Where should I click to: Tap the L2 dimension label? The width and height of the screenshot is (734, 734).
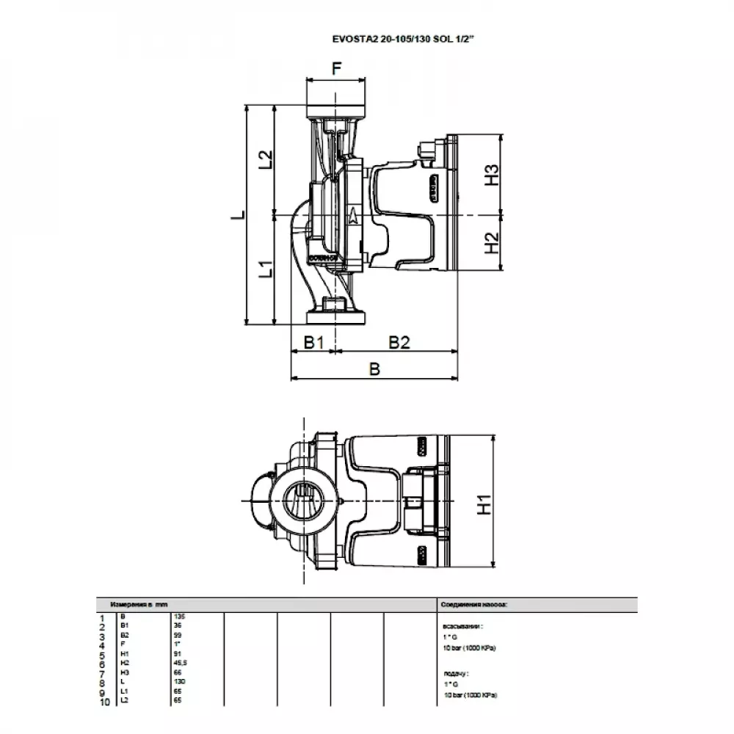point(266,159)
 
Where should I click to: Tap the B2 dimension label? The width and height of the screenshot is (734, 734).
point(399,343)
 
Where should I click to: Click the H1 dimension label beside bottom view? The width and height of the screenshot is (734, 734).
point(484,504)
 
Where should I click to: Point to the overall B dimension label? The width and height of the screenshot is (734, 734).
point(374,370)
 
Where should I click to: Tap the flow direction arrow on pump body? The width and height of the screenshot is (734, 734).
point(354,215)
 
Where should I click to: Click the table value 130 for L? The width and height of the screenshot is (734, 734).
point(179,680)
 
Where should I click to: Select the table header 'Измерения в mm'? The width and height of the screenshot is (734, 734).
point(139,603)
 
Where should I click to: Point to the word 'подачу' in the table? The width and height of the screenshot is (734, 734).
point(457,672)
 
